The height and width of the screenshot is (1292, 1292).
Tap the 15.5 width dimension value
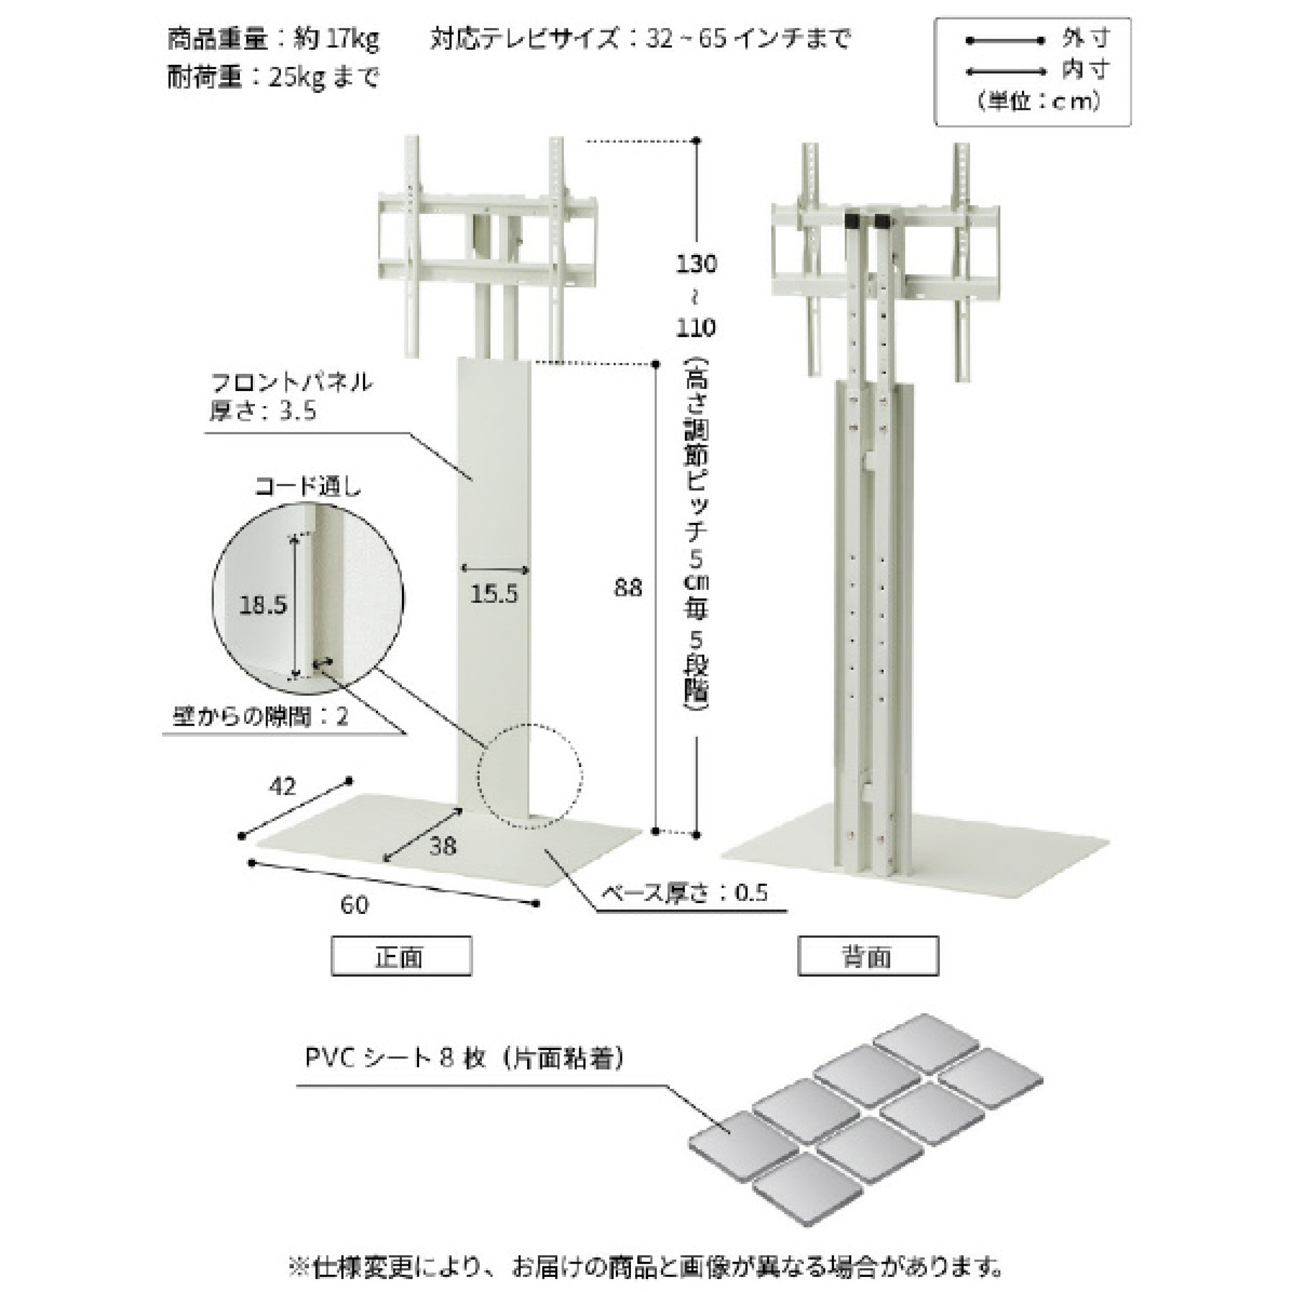pyautogui.click(x=494, y=593)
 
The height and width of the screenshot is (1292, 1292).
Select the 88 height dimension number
pyautogui.click(x=627, y=588)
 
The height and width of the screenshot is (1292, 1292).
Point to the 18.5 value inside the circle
pyautogui.click(x=263, y=605)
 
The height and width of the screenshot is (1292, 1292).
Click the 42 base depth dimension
pyautogui.click(x=282, y=786)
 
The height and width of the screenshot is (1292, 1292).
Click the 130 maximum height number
pyautogui.click(x=696, y=264)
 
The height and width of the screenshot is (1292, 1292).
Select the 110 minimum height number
pyautogui.click(x=696, y=328)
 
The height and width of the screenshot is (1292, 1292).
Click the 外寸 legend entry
pyautogui.click(x=1085, y=39)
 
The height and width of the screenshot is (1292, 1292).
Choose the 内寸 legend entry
pyautogui.click(x=1085, y=69)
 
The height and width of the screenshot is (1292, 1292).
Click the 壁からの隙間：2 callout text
pyautogui.click(x=261, y=717)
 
